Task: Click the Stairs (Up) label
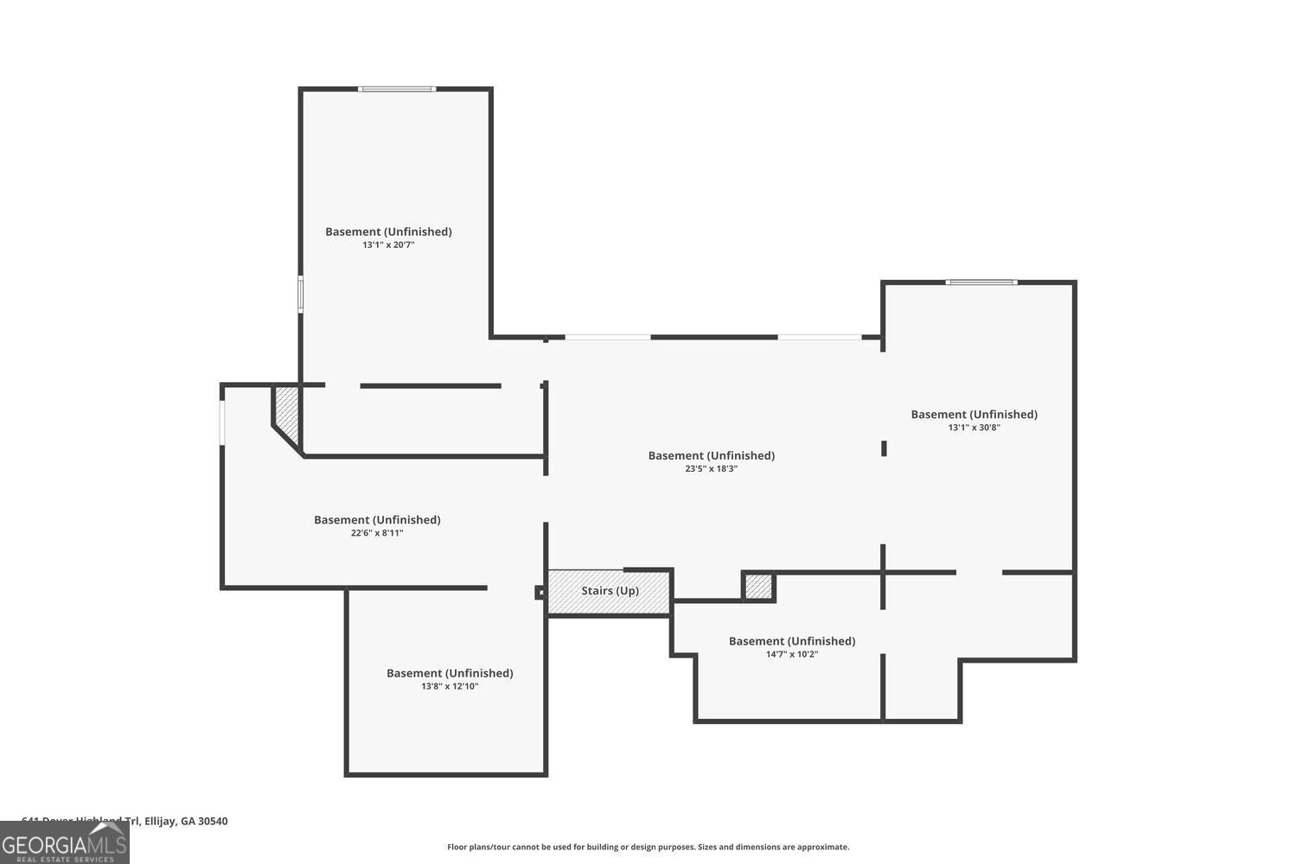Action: pos(610,591)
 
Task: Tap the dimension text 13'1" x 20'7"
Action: pos(388,245)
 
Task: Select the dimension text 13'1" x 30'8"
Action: pos(974,428)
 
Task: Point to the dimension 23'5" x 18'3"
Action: pos(711,469)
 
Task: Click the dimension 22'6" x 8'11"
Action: pos(377,533)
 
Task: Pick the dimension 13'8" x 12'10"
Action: pos(450,687)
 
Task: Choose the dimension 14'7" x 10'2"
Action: pos(791,655)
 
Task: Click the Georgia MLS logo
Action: pos(64,843)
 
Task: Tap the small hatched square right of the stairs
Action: pos(758,587)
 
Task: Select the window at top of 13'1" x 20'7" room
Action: pos(397,88)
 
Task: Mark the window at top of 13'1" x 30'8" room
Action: pos(981,282)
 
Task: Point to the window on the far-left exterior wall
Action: pos(222,422)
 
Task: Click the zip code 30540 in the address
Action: pos(213,822)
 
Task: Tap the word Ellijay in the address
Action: pos(160,822)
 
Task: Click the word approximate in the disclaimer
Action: pos(824,848)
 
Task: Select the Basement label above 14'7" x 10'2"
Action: pos(791,641)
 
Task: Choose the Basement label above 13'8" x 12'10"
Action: pos(450,673)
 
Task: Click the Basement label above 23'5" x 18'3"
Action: pos(711,455)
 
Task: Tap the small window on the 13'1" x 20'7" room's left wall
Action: pos(301,293)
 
